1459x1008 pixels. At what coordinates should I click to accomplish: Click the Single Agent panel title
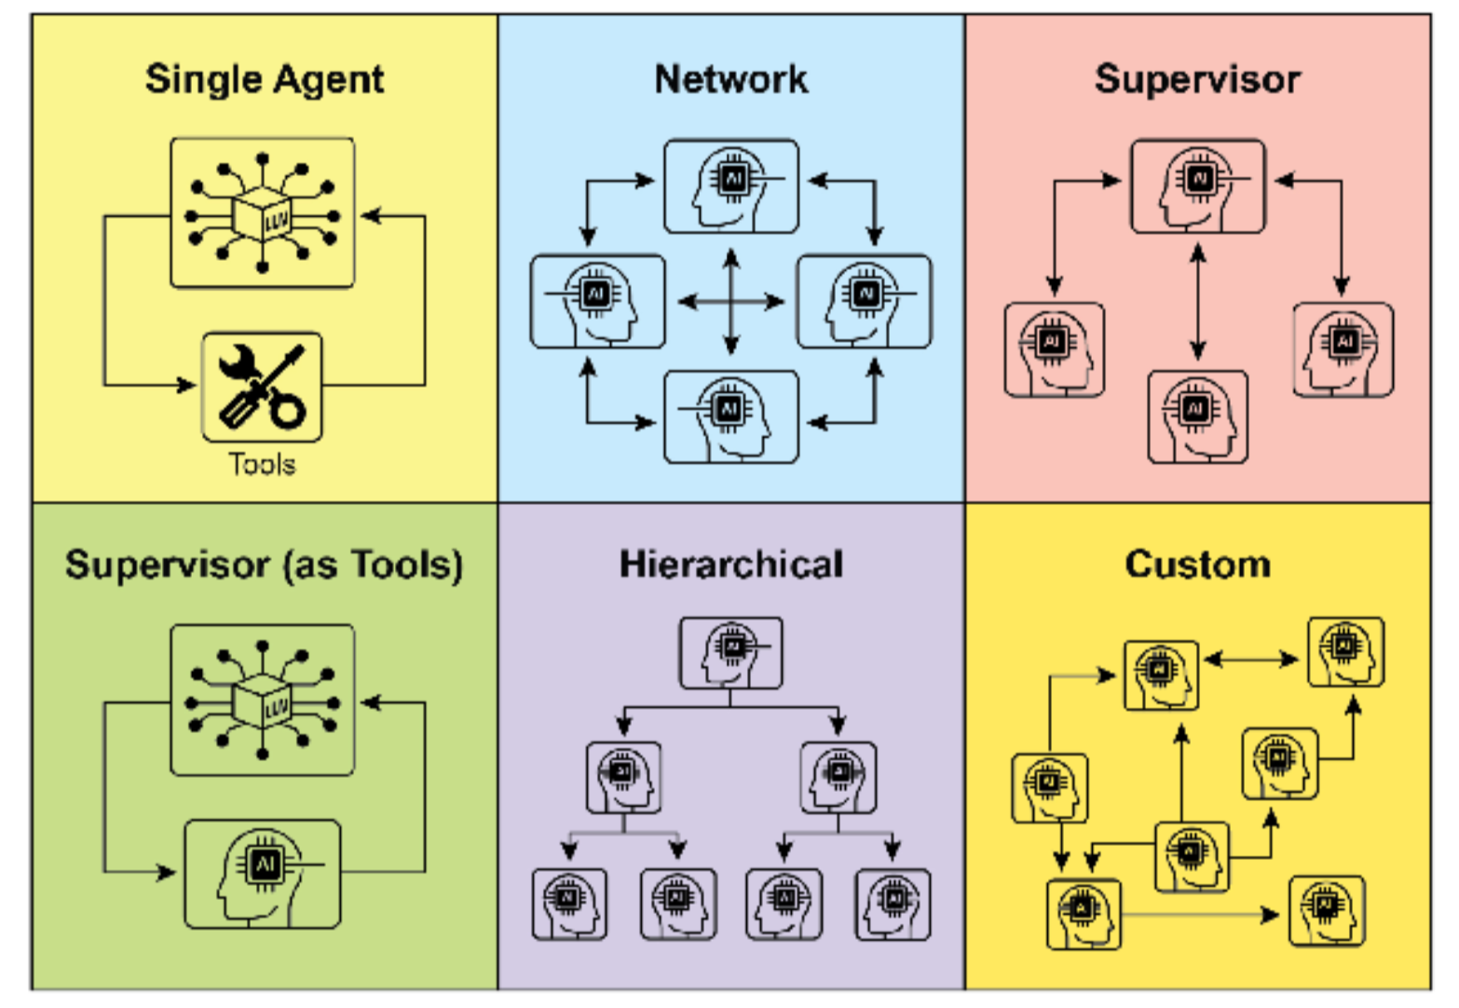265,79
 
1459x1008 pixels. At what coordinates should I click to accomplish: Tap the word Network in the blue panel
731,79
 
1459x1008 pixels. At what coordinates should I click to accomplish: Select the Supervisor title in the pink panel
1197,79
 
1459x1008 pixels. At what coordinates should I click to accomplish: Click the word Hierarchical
731,565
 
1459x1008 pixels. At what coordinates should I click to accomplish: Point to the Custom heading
1197,565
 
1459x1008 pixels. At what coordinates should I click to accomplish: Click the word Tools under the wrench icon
262,464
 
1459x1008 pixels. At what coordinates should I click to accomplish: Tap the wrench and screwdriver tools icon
262,387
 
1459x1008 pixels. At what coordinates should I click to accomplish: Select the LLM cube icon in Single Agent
263,213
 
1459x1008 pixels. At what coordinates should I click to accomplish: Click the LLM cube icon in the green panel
263,700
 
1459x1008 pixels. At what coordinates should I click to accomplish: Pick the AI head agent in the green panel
263,874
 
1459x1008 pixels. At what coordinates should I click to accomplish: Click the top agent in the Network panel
731,186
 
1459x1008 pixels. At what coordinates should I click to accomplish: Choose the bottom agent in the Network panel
731,416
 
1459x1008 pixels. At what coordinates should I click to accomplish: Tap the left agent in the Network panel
598,302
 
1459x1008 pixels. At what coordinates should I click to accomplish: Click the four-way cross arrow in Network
731,302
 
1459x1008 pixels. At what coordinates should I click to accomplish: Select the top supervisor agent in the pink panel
1198,186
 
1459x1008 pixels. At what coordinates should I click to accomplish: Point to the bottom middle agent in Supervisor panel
1197,416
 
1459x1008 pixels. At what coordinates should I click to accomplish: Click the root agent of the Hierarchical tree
731,652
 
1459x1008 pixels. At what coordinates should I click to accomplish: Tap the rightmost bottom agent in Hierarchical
893,904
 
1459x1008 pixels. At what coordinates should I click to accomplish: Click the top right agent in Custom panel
1345,651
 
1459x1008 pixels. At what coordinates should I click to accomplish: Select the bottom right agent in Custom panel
1327,909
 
